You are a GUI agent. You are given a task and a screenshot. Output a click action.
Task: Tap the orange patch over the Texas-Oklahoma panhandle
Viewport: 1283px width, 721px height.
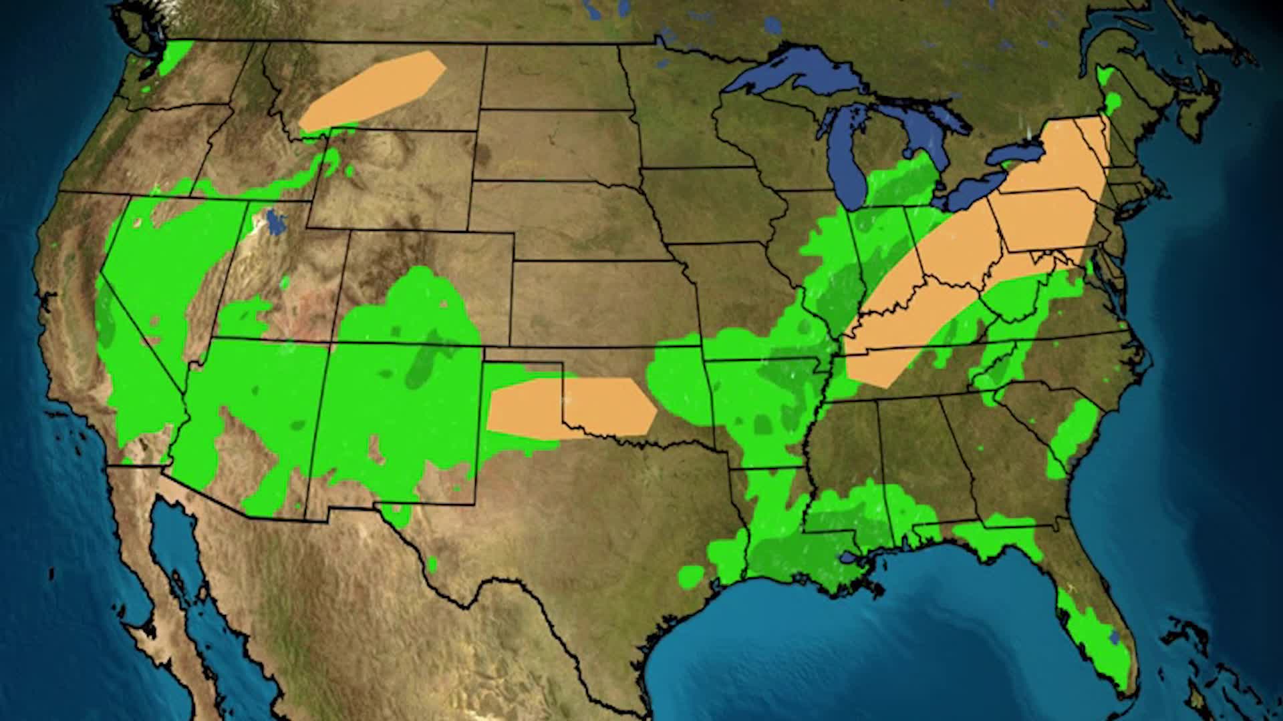click(571, 407)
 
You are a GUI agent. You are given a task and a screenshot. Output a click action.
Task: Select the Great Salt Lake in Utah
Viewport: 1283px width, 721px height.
click(273, 222)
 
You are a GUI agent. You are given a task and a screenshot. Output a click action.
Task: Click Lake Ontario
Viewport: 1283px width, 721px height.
click(1016, 154)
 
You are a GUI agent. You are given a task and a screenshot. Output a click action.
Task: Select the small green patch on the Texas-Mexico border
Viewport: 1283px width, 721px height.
click(432, 564)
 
